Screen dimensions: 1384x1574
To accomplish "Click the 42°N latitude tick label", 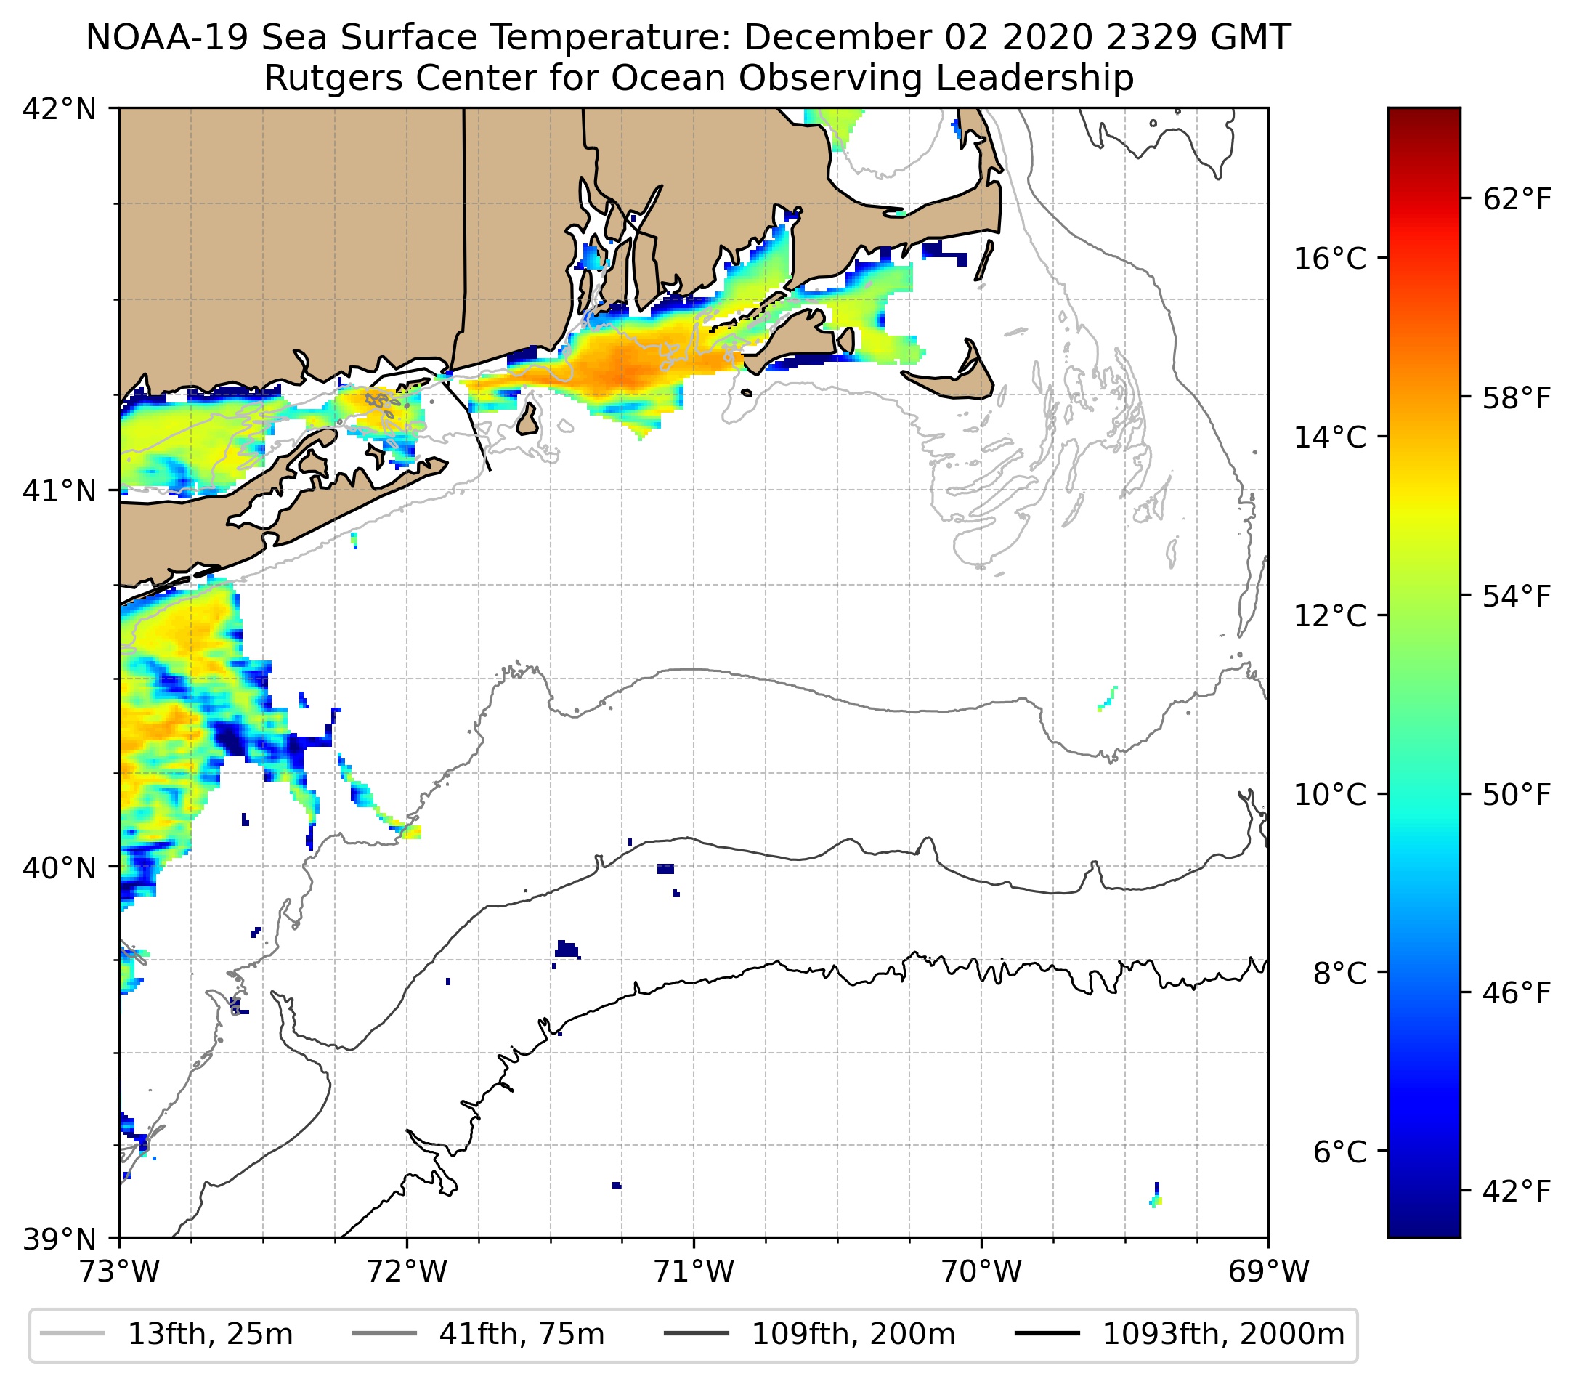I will coord(60,110).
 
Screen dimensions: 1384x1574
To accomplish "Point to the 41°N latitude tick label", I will coord(60,490).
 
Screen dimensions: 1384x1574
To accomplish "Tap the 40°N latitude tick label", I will coord(60,868).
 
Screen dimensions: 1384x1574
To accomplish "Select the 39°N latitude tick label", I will coord(60,1239).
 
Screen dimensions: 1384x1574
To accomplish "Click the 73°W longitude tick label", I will coord(119,1272).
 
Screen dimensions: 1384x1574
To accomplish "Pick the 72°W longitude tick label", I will coord(407,1272).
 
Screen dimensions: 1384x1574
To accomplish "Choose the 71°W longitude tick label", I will coord(694,1272).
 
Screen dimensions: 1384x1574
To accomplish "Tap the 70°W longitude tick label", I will coord(982,1272).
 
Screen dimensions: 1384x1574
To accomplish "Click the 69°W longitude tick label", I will coord(1268,1272).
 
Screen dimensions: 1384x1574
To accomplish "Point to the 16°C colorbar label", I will coord(1330,259).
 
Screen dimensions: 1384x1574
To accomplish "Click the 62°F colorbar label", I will coord(1516,201).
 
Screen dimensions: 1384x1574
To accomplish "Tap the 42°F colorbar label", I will coord(1516,1192).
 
